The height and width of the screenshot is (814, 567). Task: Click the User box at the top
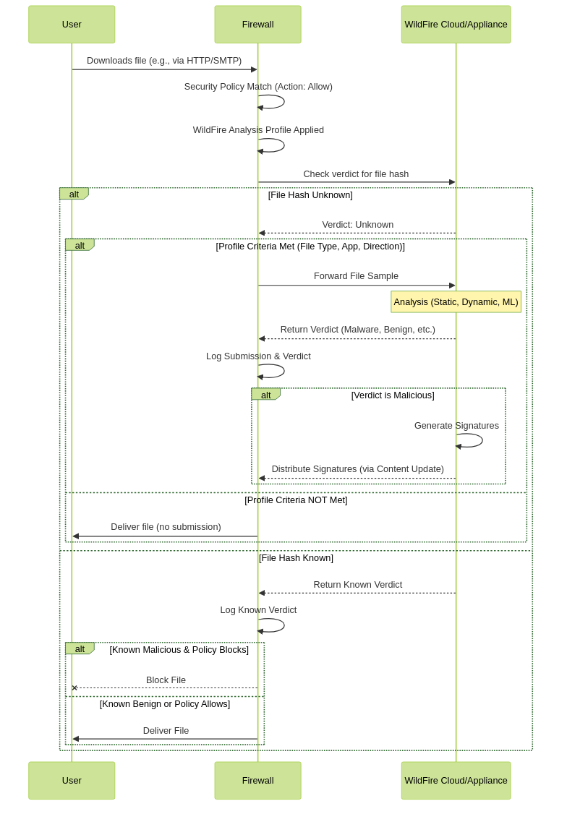pos(72,25)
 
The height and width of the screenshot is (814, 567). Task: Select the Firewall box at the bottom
pos(257,780)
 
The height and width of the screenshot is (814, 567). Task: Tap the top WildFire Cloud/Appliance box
pos(456,25)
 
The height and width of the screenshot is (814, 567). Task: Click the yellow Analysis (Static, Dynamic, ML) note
pos(456,301)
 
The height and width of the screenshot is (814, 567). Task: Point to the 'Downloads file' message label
pos(164,61)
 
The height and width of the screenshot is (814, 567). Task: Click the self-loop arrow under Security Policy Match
pos(284,102)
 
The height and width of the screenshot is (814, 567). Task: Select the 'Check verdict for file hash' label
pos(356,174)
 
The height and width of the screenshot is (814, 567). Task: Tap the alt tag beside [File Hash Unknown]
pos(74,194)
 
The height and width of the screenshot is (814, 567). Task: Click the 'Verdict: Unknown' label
pos(358,225)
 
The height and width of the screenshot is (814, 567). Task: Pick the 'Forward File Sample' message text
pos(356,276)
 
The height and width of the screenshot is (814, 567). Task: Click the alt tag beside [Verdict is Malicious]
pos(266,395)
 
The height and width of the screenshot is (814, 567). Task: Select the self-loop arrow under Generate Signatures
pos(482,441)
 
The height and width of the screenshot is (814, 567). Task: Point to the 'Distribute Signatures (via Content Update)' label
pos(358,468)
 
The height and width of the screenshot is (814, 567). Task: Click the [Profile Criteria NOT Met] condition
pos(296,500)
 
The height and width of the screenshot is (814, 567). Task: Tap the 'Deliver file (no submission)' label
pos(166,527)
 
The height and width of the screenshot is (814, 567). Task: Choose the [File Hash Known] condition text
pos(296,557)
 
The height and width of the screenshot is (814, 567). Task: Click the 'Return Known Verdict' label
pos(358,585)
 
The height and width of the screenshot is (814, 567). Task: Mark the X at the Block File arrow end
pos(74,687)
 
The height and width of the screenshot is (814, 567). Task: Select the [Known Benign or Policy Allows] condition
pos(165,704)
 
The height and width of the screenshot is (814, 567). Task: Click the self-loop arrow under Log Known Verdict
pos(284,625)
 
